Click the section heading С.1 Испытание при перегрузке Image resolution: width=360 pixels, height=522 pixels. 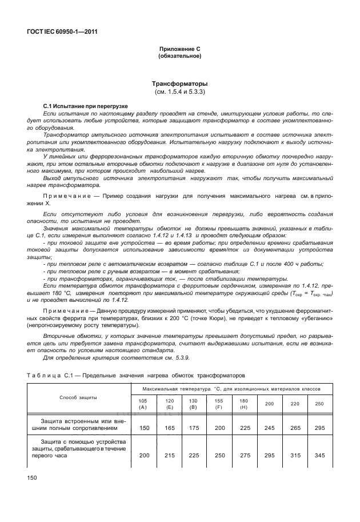coord(86,107)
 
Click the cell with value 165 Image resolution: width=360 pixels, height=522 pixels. coord(169,428)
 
